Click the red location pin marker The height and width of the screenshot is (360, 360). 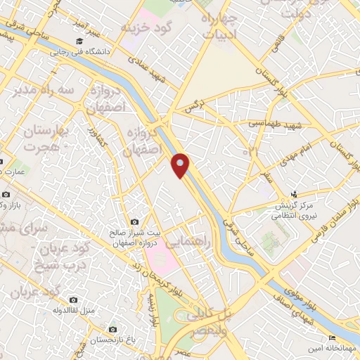(x=181, y=165)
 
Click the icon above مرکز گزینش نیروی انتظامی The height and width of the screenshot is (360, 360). (x=295, y=194)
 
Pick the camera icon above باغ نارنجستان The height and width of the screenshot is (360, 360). (x=112, y=329)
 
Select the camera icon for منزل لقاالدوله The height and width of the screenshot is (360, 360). (x=74, y=300)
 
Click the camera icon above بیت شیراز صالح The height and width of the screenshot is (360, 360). (x=135, y=223)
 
